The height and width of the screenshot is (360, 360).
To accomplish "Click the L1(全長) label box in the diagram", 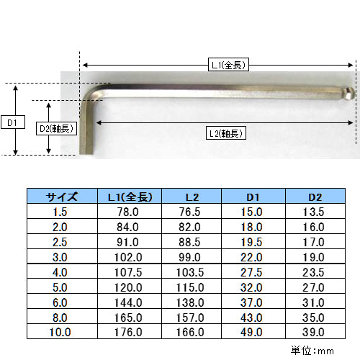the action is coord(228,64).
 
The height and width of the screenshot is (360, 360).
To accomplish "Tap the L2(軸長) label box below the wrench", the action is coord(226,133).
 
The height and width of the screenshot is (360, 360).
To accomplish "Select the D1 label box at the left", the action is coord(13,122).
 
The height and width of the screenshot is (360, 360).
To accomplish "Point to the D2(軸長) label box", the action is coord(56,128).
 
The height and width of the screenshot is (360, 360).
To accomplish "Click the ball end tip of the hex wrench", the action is coord(351,94).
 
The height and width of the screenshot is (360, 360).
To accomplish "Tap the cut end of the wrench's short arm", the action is coord(86,153).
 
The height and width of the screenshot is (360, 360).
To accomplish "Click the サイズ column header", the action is coord(62,197).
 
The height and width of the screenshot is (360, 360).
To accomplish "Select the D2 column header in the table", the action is coord(315,197).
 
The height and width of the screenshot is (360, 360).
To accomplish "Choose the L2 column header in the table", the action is coord(192,197).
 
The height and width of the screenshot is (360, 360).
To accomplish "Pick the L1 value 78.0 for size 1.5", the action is coord(128,212).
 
